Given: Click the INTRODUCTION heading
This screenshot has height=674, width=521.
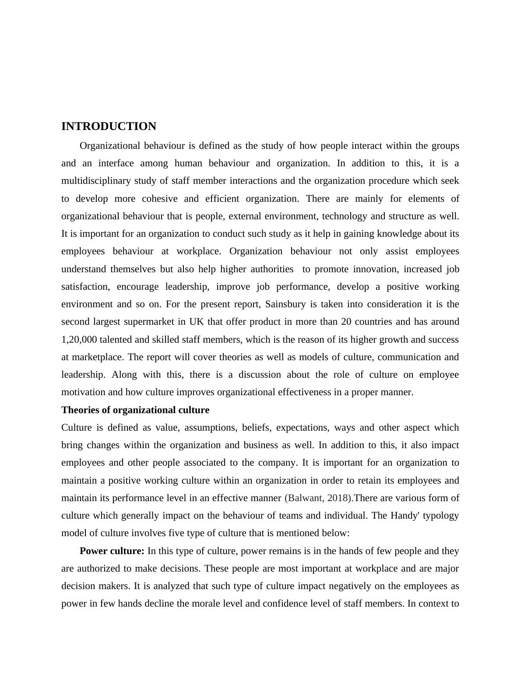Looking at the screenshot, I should (109, 126).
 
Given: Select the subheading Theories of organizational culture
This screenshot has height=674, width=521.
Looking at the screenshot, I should (135, 410).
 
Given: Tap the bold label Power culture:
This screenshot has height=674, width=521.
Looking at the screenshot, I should (112, 551).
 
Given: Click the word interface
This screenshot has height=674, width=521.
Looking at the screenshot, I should (116, 164).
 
